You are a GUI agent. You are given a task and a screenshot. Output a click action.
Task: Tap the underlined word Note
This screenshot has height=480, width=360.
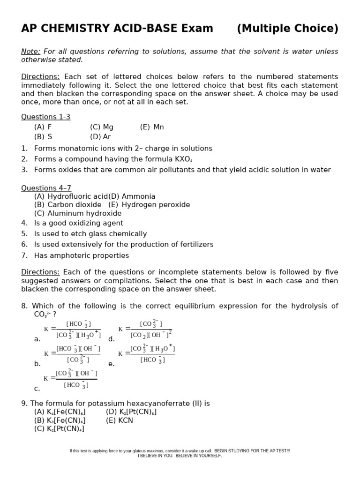[x=30, y=51]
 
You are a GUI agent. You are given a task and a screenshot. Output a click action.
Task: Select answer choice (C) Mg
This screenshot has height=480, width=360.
[x=102, y=127]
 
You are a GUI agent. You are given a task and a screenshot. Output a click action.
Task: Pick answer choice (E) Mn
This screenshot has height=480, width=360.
[x=152, y=127]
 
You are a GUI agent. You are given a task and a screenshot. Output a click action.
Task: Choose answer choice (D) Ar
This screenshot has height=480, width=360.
[x=100, y=137]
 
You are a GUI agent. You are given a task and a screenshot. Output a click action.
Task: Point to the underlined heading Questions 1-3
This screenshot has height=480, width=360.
[x=45, y=117]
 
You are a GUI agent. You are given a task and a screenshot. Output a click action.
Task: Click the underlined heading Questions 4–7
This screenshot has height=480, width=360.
[x=46, y=188]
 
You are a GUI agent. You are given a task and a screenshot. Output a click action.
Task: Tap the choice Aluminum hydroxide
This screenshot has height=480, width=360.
[x=78, y=213]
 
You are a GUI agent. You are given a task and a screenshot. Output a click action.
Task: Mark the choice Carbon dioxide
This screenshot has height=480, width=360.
[x=67, y=205]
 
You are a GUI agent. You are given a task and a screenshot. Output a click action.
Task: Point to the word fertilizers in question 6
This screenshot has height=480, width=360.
[x=194, y=244]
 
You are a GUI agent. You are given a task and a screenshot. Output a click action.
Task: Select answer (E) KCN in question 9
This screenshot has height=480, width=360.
[x=120, y=420]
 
